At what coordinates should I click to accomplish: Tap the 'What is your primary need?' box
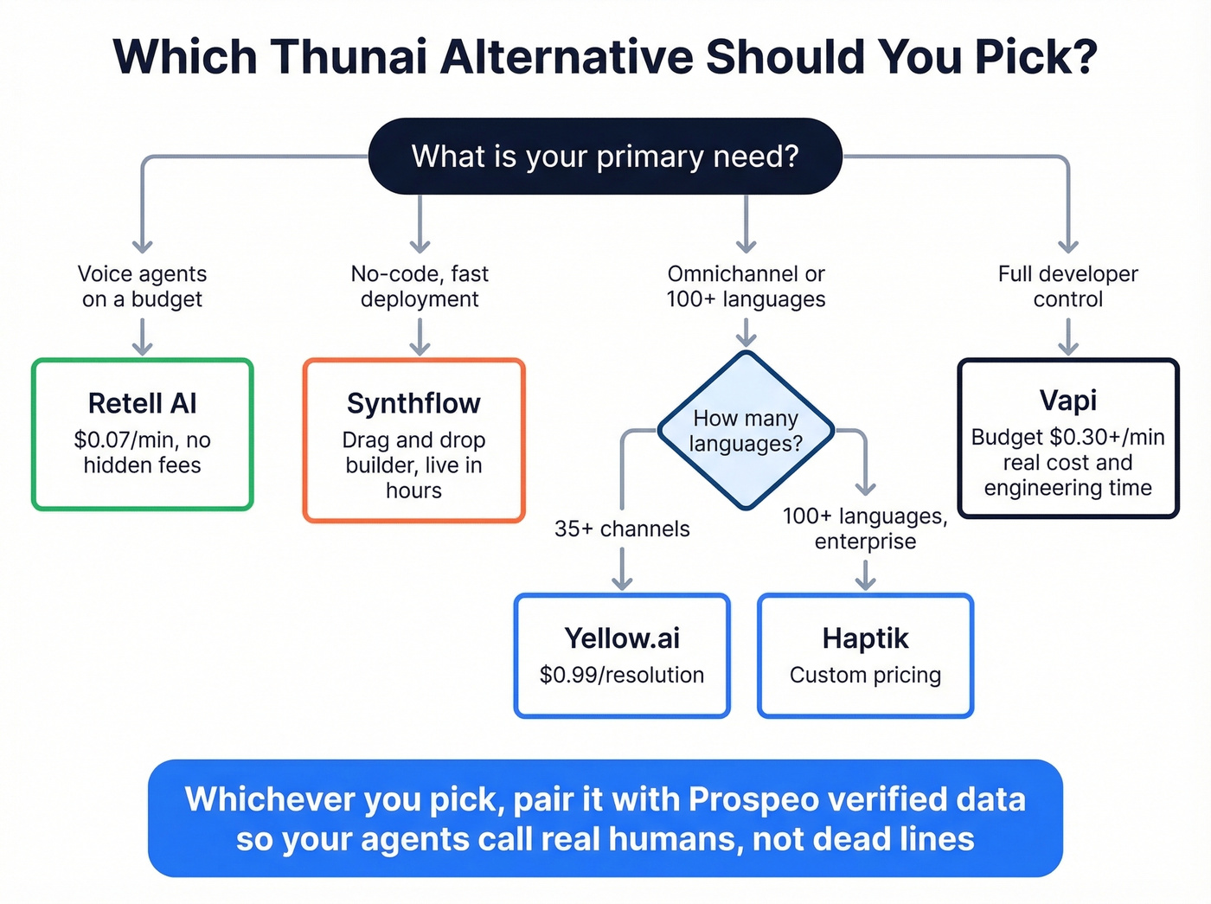[x=605, y=157]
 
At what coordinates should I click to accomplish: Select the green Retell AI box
[x=143, y=434]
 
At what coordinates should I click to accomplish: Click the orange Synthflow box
[x=413, y=441]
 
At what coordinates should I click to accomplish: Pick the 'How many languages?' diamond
[x=746, y=431]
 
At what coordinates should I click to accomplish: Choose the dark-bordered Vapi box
[x=1068, y=439]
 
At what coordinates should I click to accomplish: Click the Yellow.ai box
[x=622, y=656]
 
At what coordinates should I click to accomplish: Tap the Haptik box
[x=865, y=656]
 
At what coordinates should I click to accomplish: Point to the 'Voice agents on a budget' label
[x=143, y=286]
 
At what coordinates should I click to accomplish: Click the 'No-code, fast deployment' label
[x=420, y=286]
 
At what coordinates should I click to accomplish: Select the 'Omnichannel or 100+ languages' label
[x=746, y=286]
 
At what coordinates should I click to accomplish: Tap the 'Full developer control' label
[x=1068, y=286]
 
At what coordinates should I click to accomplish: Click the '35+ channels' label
[x=622, y=529]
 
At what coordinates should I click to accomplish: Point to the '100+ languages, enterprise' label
[x=865, y=529]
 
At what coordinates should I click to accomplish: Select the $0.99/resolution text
[x=622, y=675]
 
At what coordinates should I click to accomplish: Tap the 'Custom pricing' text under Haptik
[x=865, y=675]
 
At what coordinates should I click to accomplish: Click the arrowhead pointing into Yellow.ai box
[x=622, y=584]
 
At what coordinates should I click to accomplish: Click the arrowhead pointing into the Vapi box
[x=1068, y=348]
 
